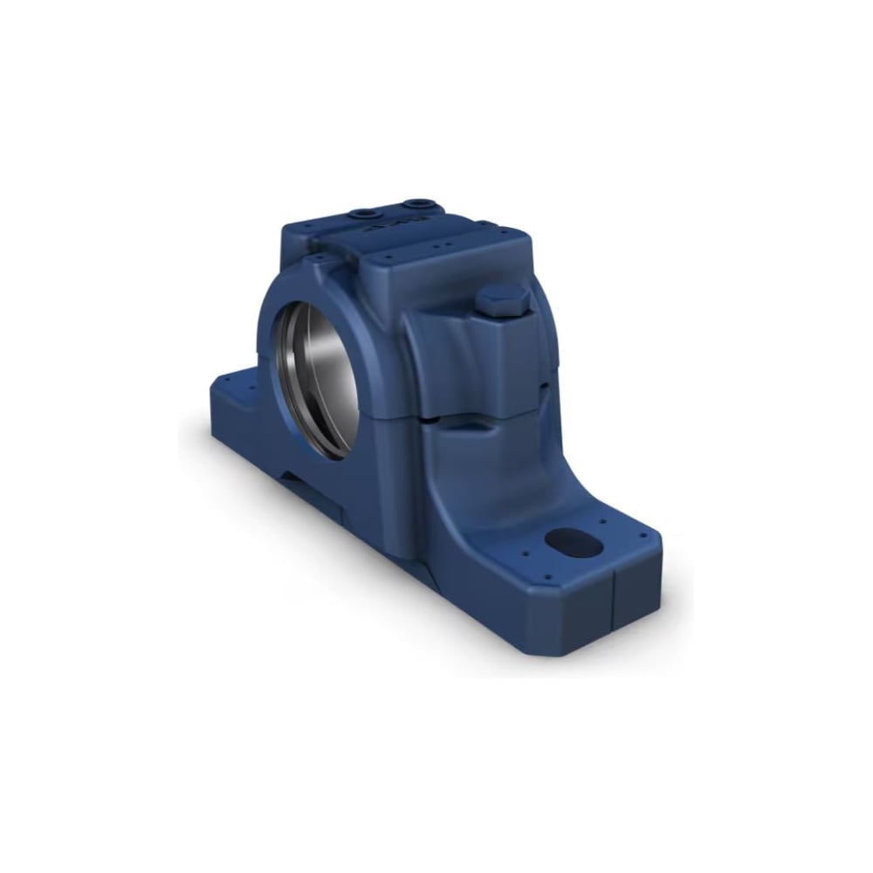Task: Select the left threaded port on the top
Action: pos(362,212)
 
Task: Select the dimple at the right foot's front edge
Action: pos(546,577)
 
